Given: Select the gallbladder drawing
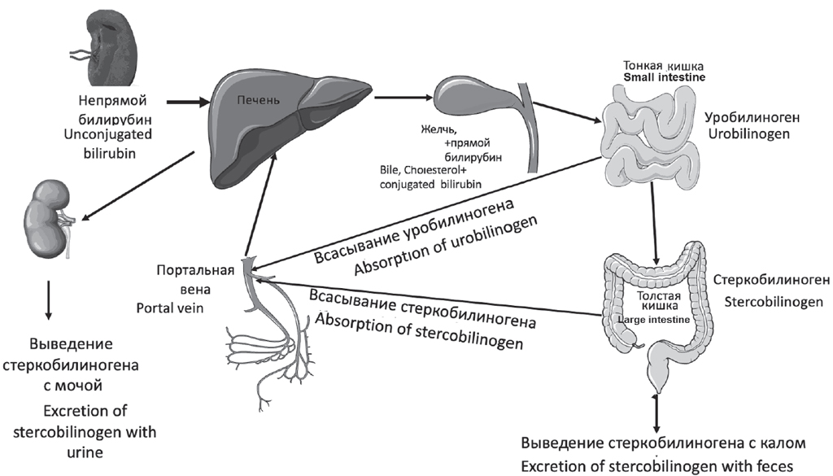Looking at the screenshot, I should pos(472,98).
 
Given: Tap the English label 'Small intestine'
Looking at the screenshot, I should pos(664,77).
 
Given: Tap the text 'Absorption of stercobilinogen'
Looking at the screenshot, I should pos(418,329).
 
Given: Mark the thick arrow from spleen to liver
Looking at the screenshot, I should pos(188,103).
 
